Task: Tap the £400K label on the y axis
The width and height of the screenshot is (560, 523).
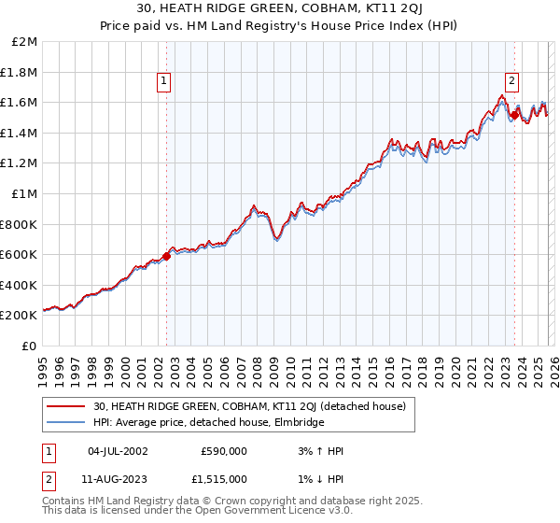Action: point(20,285)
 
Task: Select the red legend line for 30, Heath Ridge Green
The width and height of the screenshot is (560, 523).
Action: point(66,407)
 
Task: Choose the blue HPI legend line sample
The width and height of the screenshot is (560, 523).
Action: point(66,423)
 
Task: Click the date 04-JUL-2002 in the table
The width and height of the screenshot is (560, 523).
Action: point(118,451)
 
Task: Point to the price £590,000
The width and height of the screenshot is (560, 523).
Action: point(223,451)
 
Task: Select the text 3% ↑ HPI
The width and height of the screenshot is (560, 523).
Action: point(320,451)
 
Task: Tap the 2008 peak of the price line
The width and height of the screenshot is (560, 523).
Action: point(254,205)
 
